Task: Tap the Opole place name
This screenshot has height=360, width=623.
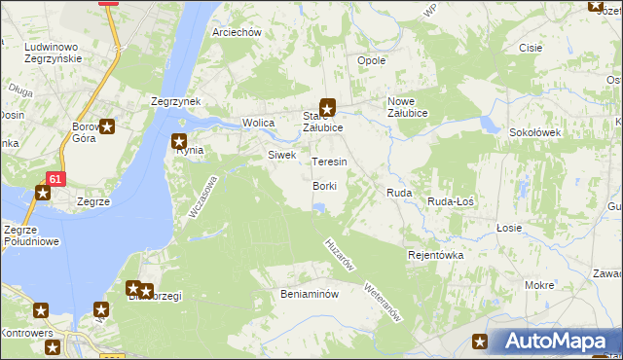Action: tap(372, 60)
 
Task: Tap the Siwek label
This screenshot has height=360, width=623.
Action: tap(281, 155)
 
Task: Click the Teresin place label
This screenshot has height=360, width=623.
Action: tap(329, 162)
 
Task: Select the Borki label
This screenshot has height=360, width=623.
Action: tap(325, 186)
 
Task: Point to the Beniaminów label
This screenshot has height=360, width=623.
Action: tap(308, 293)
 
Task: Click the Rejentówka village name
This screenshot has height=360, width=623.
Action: tap(435, 255)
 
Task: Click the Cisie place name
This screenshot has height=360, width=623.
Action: tap(531, 48)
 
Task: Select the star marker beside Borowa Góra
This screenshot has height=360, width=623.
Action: tap(107, 126)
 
